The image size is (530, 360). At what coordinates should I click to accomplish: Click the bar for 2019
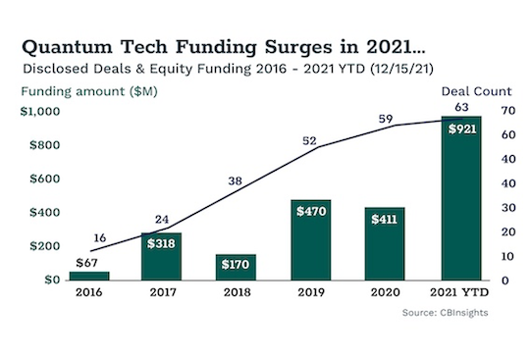(x=311, y=239)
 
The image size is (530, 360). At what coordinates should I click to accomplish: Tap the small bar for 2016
(x=89, y=275)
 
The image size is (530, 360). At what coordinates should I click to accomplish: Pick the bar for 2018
(x=236, y=266)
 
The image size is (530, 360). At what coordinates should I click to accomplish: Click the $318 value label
(x=162, y=245)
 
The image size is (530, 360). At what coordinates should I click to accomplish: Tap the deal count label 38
(x=234, y=180)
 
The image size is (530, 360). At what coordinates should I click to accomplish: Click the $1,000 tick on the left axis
(x=40, y=112)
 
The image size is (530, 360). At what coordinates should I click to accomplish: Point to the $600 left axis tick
(x=45, y=179)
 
